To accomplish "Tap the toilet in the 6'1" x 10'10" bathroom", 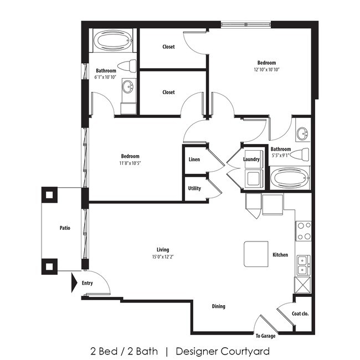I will pos(128,66).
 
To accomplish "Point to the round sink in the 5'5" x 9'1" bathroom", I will pos(302,133).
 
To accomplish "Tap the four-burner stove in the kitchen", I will pos(304,230).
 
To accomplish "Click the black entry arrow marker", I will pos(74,282).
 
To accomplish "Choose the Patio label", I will pos(65,228).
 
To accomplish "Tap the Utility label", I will pos(194,188).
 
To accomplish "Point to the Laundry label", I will pos(251,160).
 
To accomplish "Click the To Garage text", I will pos(265,336).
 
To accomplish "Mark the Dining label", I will pos(218,306).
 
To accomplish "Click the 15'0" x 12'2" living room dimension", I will pos(162,257).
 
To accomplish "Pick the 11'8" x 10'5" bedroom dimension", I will pos(130,163).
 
